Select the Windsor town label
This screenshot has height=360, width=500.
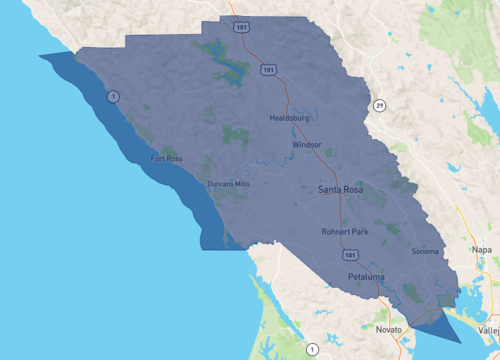307,145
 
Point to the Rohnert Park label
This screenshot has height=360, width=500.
345,231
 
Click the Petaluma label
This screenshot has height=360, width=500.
367,274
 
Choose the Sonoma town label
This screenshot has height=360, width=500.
424,251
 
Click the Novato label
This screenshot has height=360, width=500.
388,328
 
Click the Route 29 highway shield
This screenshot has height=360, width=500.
380,105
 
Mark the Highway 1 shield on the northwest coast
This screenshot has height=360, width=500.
114,96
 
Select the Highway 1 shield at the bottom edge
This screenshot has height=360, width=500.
313,349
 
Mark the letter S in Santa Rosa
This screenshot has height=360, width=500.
322,189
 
